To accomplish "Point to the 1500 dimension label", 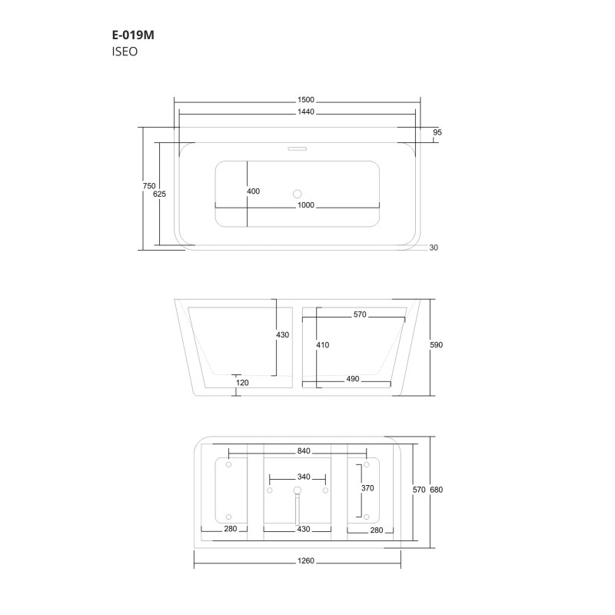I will pyautogui.click(x=306, y=100).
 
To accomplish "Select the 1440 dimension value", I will pyautogui.click(x=306, y=112).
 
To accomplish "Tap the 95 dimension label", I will pyautogui.click(x=437, y=133).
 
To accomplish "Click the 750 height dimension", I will pyautogui.click(x=149, y=186).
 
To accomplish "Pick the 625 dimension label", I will pyautogui.click(x=160, y=194).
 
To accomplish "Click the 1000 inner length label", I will pyautogui.click(x=306, y=204).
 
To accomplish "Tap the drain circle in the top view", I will pyautogui.click(x=298, y=194).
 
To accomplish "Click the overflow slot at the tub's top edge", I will pyautogui.click(x=297, y=146).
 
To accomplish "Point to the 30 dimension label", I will pyautogui.click(x=434, y=248).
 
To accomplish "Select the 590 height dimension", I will pyautogui.click(x=436, y=345).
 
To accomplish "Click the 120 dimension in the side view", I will pyautogui.click(x=243, y=382).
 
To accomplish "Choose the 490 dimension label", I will pyautogui.click(x=353, y=380).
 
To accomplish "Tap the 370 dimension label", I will pyautogui.click(x=368, y=488).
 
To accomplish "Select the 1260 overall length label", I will pyautogui.click(x=306, y=561).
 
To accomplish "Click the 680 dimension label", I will pyautogui.click(x=437, y=490).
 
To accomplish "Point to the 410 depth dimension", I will pyautogui.click(x=322, y=345).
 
